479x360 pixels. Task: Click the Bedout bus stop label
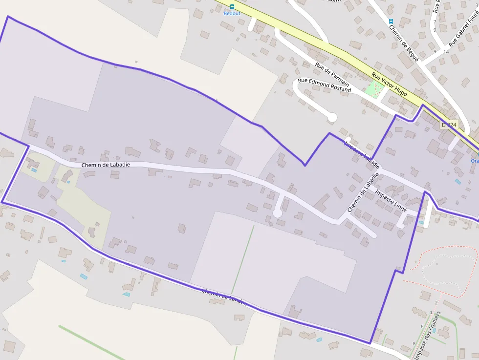[x=232, y=13]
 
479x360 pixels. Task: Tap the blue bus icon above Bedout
[x=232, y=7]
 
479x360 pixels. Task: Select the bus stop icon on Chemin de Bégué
[x=391, y=21]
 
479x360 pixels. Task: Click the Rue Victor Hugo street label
[x=389, y=84]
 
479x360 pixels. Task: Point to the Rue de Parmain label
[x=332, y=73]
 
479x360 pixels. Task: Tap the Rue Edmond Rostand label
[x=324, y=85]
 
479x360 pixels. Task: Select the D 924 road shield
[x=449, y=125]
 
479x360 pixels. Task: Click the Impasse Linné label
[x=391, y=200]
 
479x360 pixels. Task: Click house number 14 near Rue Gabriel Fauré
[x=446, y=51]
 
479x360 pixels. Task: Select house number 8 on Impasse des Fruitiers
[x=414, y=343]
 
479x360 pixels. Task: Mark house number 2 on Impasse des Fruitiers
[x=436, y=303]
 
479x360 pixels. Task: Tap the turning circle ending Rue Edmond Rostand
[x=332, y=117]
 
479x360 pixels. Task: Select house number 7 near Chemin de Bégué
[x=435, y=21]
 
